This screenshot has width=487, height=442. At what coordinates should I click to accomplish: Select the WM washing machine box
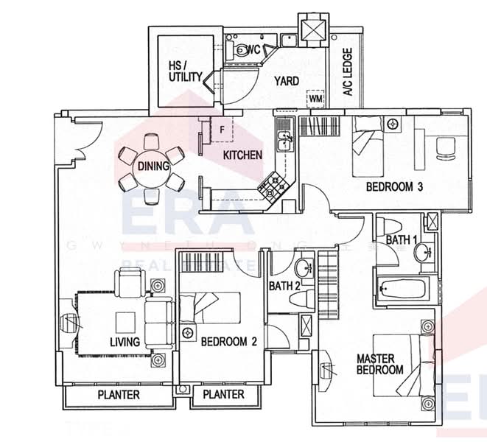tap(315, 99)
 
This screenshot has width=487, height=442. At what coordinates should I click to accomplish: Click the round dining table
tap(153, 166)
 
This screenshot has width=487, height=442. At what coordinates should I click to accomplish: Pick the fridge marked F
tap(222, 130)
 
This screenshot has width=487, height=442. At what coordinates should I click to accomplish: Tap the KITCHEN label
tap(242, 155)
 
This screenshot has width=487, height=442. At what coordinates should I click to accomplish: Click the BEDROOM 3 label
tap(394, 187)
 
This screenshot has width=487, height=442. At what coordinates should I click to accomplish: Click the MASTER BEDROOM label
tap(379, 364)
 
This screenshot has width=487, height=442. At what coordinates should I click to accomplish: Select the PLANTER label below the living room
tap(119, 395)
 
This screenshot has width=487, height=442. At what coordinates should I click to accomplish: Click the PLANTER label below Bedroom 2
tap(223, 395)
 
